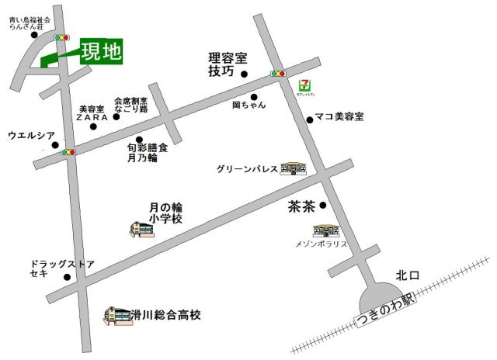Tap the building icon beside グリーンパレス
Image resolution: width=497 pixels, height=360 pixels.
point(294,168)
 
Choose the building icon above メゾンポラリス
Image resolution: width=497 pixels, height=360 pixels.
point(326,231)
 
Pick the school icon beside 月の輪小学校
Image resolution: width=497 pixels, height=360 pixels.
point(141,230)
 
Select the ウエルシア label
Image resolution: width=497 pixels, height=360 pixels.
point(31,135)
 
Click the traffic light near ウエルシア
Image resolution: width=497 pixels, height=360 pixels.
point(69,152)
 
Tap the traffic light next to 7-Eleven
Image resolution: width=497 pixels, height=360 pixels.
point(277,74)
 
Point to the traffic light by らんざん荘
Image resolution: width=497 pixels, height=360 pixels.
point(61,37)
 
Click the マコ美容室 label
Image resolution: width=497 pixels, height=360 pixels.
point(339,116)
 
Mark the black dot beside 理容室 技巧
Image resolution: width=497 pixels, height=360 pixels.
point(243,74)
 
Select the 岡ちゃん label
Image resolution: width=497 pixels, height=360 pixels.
point(248,105)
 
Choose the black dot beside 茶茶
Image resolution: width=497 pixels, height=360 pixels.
point(323,205)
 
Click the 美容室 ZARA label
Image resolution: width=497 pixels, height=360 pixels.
point(95,113)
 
